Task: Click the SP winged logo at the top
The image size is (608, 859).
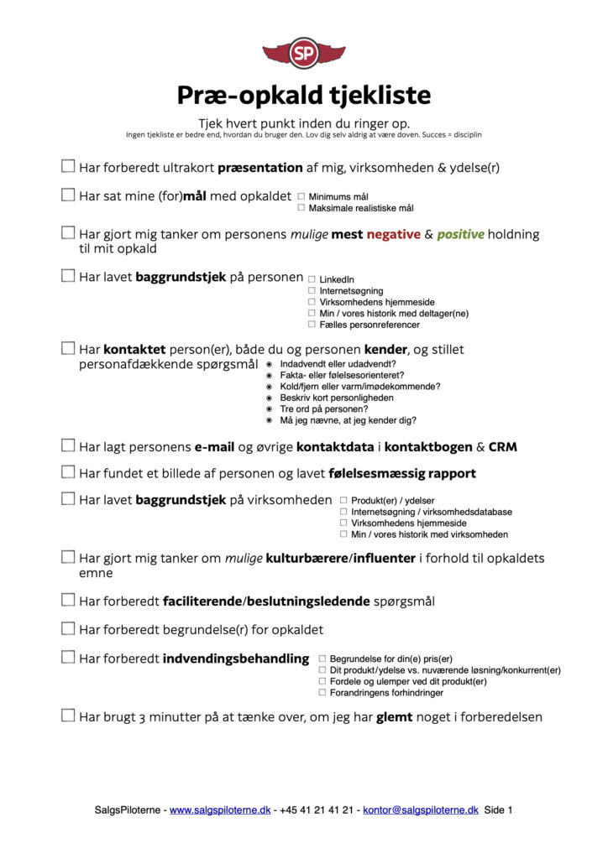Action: [303, 53]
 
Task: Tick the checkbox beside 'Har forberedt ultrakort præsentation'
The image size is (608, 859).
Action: [68, 166]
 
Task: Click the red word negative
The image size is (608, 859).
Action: [393, 234]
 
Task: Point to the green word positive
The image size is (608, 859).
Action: [460, 234]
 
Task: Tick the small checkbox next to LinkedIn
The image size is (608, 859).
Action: [312, 279]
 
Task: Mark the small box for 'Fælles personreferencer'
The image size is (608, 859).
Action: [312, 325]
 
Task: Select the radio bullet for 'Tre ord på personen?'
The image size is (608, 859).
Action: [269, 409]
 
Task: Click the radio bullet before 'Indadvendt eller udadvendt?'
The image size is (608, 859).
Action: [269, 365]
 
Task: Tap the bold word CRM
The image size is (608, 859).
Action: [502, 447]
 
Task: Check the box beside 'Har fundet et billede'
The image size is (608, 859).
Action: [68, 472]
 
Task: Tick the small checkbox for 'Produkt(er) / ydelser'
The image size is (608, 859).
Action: [343, 501]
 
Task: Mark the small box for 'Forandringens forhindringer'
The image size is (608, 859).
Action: [322, 693]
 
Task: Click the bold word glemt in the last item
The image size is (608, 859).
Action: [394, 716]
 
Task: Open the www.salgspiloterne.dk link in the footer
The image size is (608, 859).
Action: [220, 810]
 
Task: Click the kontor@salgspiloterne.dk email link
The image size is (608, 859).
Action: [421, 810]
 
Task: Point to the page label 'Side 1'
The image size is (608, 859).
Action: [498, 810]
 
